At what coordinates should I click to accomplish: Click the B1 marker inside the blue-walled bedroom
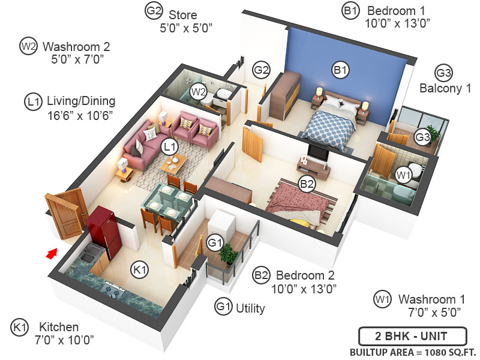pos(340,70)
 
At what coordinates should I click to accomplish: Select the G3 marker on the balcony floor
pos(423,137)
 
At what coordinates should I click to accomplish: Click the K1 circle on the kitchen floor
pos(139,271)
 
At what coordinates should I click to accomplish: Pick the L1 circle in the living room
pos(170,146)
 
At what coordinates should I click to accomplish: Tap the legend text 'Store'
pos(182,14)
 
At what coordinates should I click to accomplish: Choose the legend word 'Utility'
pos(250,308)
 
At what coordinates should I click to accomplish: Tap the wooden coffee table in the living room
pos(173,160)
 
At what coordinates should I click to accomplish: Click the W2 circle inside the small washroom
pos(198,92)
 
